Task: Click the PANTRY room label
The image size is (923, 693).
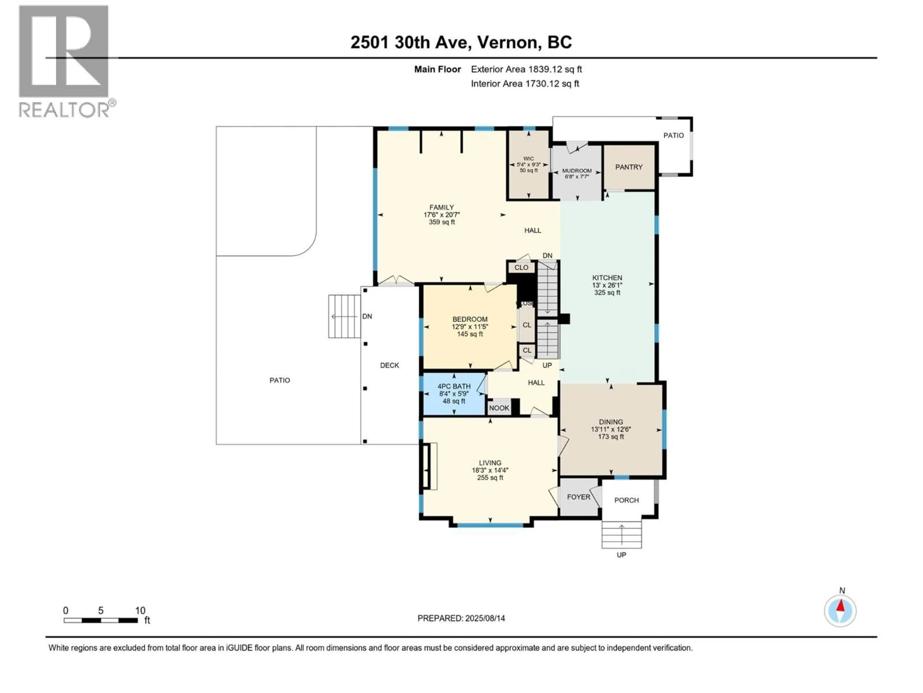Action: coord(629,167)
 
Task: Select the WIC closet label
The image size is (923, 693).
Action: coord(528,159)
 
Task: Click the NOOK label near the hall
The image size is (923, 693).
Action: coord(499,408)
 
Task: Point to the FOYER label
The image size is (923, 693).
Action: coord(578,497)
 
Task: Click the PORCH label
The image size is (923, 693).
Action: coord(626,500)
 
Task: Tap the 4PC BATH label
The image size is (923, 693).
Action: coord(454,386)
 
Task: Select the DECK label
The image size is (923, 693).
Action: coord(389,366)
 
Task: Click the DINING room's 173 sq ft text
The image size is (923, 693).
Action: coord(611,437)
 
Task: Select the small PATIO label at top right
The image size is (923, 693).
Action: coord(674,135)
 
